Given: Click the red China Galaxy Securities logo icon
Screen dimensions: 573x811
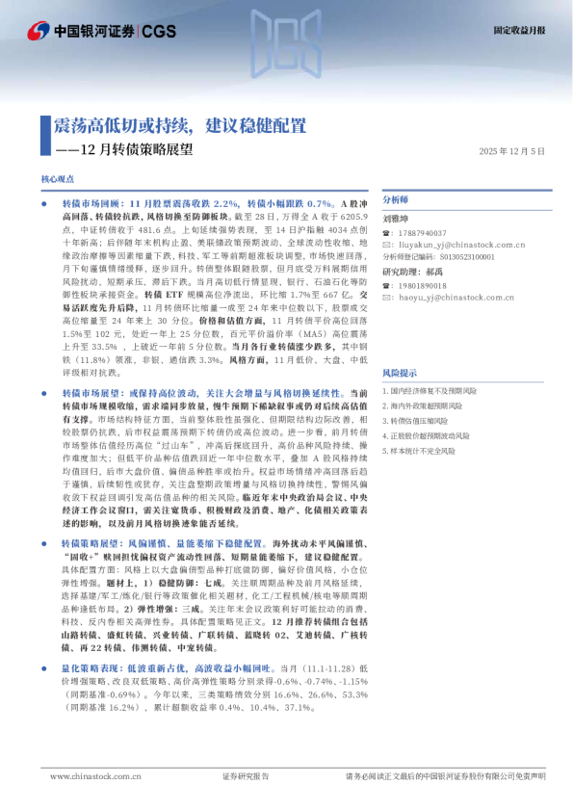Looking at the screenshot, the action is click(x=38, y=31).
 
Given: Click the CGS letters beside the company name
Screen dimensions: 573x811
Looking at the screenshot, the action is click(x=160, y=31).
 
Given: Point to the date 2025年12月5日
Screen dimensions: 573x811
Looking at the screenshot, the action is click(x=512, y=151).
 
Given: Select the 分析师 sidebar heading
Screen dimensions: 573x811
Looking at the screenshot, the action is click(x=397, y=200).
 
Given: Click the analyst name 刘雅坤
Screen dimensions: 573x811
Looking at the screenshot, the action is click(x=397, y=220).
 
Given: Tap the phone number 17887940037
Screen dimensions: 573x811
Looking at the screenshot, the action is click(x=423, y=233).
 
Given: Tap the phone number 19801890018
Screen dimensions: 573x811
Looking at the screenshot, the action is click(x=423, y=286).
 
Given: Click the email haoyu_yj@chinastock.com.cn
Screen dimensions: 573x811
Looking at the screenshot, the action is click(x=453, y=298).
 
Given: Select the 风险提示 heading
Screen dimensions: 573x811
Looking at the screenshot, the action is click(x=400, y=372).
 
